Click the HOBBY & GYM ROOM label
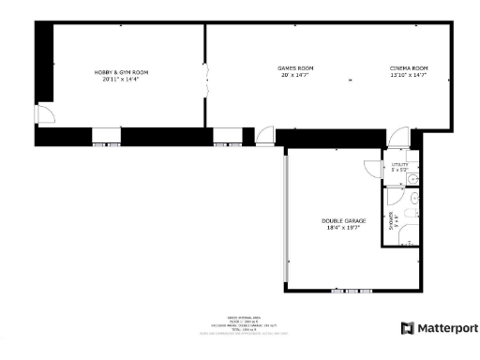tap(121, 72)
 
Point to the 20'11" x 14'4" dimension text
tap(121, 80)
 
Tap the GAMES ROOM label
tap(295, 68)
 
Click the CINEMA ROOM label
tap(409, 68)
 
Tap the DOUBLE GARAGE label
tap(344, 220)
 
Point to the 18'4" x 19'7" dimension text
tap(344, 228)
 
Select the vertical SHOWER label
tap(391, 220)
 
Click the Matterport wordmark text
tap(447, 328)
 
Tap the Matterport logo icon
tap(407, 328)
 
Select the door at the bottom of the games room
tap(264, 136)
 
